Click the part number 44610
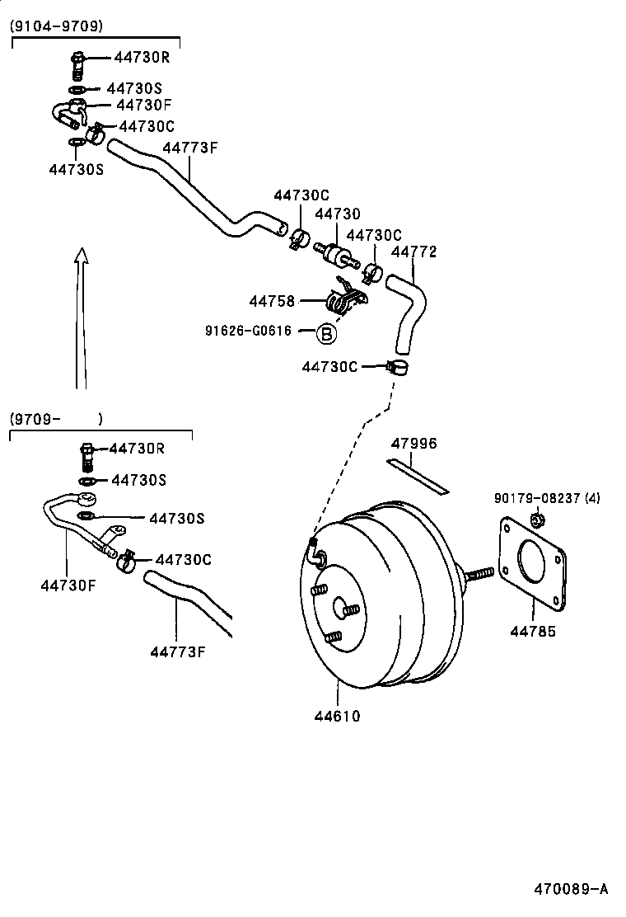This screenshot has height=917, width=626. click(336, 716)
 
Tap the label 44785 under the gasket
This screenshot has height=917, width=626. click(532, 632)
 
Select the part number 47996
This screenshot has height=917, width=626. click(413, 444)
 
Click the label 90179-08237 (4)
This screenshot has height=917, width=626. click(548, 498)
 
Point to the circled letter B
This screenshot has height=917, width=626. click(326, 333)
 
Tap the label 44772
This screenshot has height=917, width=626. click(413, 252)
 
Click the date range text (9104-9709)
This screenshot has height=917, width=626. click(56, 26)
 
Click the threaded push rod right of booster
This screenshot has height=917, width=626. click(478, 575)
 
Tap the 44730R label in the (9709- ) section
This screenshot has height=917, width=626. click(137, 449)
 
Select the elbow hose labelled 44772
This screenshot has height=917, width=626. click(408, 309)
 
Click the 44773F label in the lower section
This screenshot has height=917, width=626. click(177, 652)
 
